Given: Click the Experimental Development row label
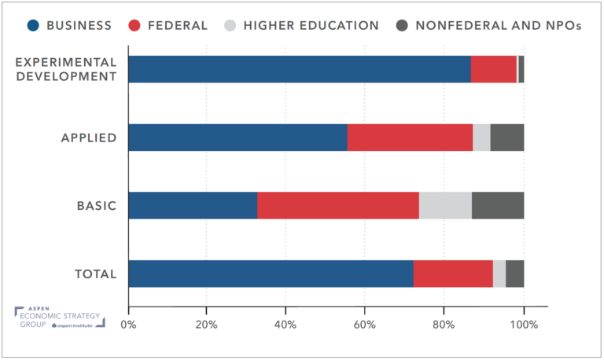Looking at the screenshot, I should (66, 69).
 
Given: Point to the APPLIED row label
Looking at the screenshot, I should (89, 138).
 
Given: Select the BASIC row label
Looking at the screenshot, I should (97, 206).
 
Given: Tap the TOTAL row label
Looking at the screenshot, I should (94, 274).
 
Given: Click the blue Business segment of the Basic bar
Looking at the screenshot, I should (193, 205).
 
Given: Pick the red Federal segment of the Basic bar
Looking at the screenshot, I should (338, 205).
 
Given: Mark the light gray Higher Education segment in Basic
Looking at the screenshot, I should (445, 205).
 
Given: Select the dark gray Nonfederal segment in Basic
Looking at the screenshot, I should (498, 205).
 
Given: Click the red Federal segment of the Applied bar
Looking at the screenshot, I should (410, 138).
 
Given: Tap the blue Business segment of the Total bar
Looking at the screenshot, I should (271, 274).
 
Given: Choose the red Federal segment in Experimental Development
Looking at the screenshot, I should (493, 69).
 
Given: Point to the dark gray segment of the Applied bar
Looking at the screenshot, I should (507, 138).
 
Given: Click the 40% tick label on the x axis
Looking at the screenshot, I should (285, 323).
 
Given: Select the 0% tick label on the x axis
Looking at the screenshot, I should (128, 323).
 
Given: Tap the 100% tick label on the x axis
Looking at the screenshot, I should (524, 323).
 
